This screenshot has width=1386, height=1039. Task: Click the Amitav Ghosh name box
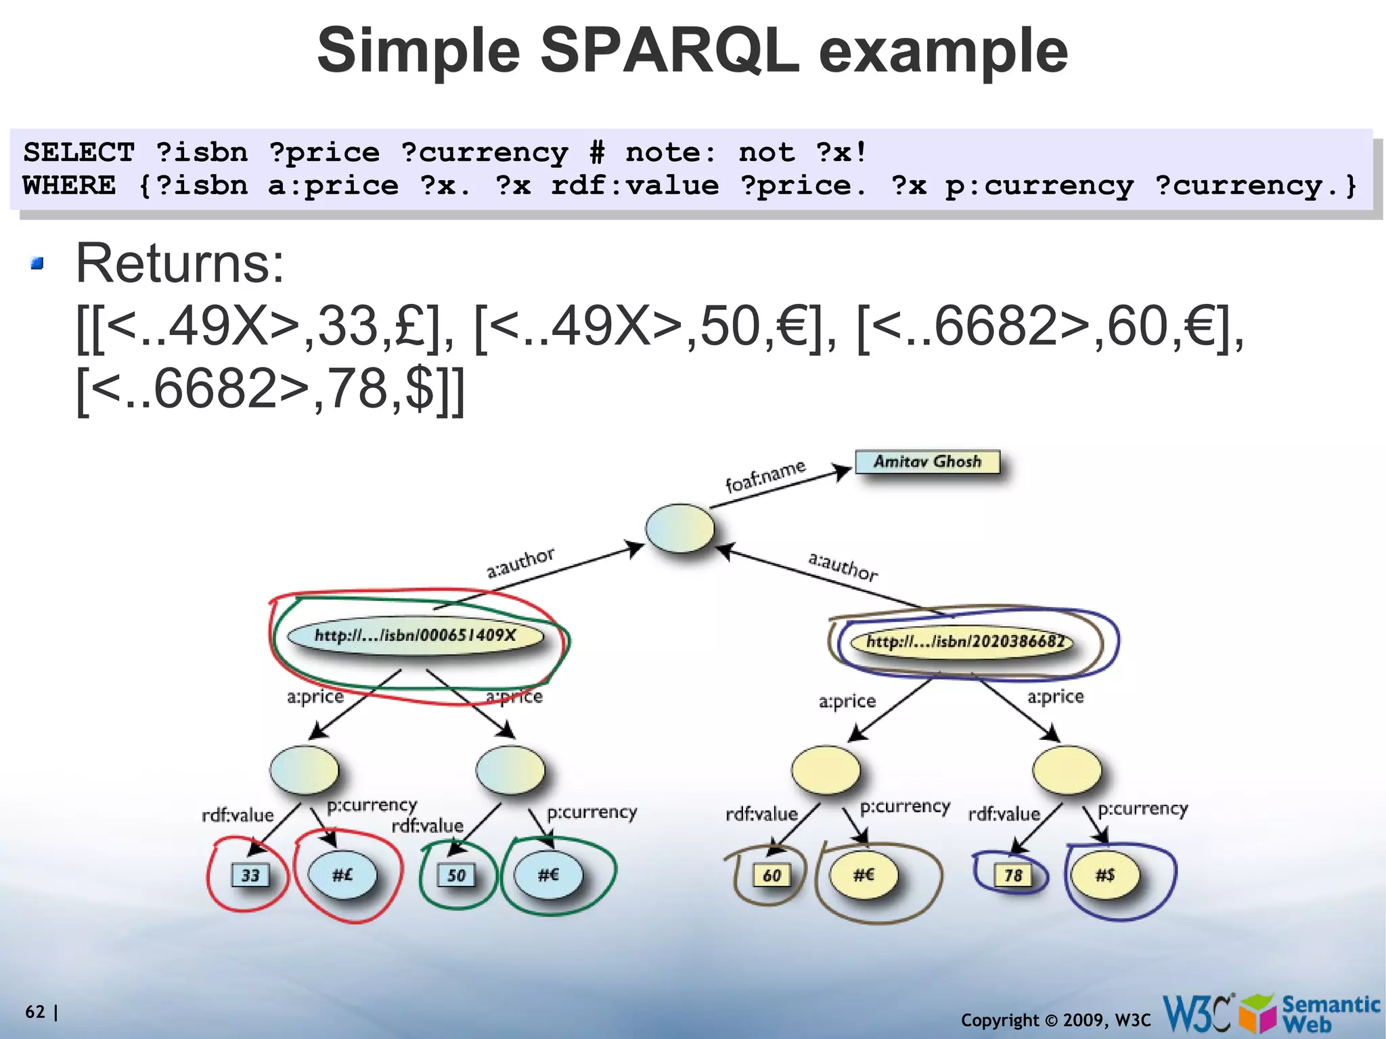(927, 462)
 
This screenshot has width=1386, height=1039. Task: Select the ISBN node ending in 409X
(415, 636)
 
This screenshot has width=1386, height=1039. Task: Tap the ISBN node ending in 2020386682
(964, 641)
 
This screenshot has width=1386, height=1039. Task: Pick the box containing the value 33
(250, 875)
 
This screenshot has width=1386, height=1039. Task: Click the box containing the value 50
(456, 875)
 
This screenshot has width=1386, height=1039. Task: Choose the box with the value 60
(772, 875)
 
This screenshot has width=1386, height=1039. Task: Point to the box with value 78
(1012, 875)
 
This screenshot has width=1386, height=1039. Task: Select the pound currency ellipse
(342, 875)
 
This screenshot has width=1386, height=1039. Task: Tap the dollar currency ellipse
(1104, 875)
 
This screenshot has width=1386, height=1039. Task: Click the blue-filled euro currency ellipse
(548, 875)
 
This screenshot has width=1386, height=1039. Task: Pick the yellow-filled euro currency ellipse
(864, 875)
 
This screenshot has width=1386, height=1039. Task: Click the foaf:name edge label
(765, 475)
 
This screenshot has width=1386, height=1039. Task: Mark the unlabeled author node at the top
(679, 528)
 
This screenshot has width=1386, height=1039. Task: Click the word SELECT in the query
(79, 152)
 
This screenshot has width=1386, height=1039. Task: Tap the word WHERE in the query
(69, 185)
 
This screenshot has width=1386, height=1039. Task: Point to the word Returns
(180, 263)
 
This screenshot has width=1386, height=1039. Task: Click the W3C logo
(1197, 1013)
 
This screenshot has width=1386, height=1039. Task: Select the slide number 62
(35, 1012)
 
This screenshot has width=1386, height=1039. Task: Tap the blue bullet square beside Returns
(37, 263)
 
